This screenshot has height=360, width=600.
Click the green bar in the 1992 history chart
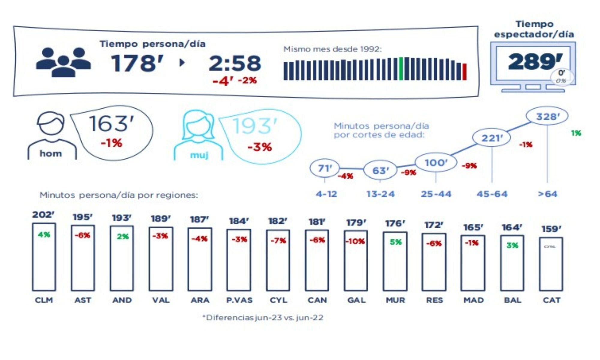[401, 69]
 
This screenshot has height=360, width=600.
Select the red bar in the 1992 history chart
[465, 72]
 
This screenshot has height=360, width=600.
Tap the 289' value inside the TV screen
[535, 61]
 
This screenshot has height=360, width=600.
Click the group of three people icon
[63, 62]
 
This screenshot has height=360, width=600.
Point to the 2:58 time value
[235, 63]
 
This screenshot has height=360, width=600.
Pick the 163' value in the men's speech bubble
[111, 124]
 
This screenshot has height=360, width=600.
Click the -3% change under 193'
[259, 147]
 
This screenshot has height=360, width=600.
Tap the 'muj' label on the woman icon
[199, 155]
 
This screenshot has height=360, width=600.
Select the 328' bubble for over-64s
[547, 116]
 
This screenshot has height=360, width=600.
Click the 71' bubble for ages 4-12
[325, 168]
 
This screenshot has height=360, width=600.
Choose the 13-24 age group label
[380, 194]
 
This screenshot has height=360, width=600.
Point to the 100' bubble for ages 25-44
[436, 163]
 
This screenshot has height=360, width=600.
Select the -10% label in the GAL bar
[355, 241]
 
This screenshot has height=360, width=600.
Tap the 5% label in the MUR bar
[395, 242]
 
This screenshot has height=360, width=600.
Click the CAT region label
[551, 300]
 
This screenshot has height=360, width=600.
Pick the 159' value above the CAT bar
[551, 229]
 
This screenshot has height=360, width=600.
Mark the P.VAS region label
[239, 300]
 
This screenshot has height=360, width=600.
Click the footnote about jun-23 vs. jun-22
[263, 318]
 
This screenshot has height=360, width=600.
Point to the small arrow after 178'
[182, 63]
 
